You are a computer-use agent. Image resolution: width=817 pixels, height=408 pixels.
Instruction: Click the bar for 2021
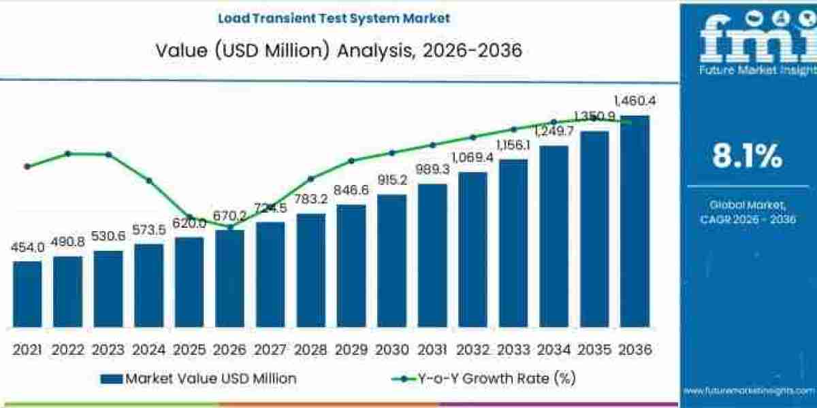[x=27, y=294]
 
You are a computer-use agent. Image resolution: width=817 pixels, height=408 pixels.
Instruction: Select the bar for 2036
[x=635, y=222]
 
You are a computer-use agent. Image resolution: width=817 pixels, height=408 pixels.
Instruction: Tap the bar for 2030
[x=391, y=261]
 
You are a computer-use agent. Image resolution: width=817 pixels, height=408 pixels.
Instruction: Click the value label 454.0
[x=27, y=248]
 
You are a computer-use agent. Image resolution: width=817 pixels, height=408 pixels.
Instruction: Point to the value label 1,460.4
[x=635, y=101]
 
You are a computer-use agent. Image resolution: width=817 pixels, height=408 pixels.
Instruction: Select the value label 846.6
[x=351, y=190]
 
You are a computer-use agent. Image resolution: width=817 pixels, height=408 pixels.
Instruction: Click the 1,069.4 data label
[x=472, y=158]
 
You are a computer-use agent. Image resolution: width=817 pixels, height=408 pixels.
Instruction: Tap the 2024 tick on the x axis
[x=148, y=350]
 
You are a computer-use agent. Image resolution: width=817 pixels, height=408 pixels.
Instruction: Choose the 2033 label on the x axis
[x=513, y=350]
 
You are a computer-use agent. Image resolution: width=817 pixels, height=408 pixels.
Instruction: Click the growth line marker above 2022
[x=67, y=154]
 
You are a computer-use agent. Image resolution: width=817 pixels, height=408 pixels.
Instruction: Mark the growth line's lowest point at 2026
[x=230, y=227]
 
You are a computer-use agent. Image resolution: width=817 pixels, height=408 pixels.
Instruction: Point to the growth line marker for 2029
[x=351, y=160]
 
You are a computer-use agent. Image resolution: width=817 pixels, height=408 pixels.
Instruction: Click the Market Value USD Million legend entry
[x=197, y=379]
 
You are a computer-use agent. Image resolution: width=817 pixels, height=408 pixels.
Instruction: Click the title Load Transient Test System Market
[x=334, y=18]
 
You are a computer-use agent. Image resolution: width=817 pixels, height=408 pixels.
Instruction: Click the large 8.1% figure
[x=747, y=157]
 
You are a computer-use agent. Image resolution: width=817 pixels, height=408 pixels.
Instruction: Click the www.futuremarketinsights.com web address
[x=749, y=391]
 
